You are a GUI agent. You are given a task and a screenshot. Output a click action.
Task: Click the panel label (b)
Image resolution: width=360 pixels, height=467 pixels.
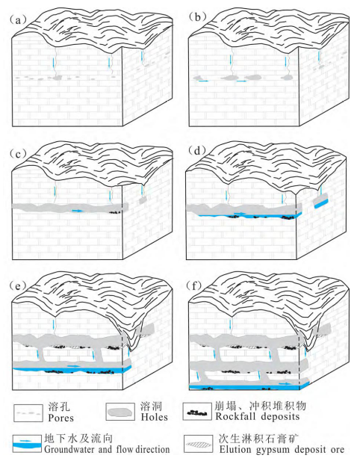[x=198, y=17]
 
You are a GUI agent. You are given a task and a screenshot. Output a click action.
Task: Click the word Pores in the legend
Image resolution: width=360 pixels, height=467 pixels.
[x=60, y=418]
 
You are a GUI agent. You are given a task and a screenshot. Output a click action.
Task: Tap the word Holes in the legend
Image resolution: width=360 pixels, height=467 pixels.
[x=154, y=417]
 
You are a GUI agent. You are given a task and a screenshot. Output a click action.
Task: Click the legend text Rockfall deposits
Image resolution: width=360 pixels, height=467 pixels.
[x=257, y=415]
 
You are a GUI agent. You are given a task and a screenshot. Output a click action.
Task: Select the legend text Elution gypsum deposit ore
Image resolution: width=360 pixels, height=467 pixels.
[x=282, y=449]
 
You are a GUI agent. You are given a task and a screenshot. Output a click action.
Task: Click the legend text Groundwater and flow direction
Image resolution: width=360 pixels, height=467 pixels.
[x=107, y=449]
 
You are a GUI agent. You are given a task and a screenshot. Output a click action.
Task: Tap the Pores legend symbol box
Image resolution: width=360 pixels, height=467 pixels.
[x=28, y=412]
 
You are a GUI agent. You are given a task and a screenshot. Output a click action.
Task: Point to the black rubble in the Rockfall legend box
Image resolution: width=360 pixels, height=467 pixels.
[x=197, y=412]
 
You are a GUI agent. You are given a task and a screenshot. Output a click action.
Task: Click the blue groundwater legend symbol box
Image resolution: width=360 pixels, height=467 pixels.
[x=27, y=444]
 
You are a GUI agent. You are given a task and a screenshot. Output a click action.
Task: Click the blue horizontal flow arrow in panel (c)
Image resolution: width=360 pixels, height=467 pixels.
[x=78, y=211]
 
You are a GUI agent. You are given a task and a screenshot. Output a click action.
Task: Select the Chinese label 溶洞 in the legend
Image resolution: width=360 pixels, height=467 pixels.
[x=152, y=406]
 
